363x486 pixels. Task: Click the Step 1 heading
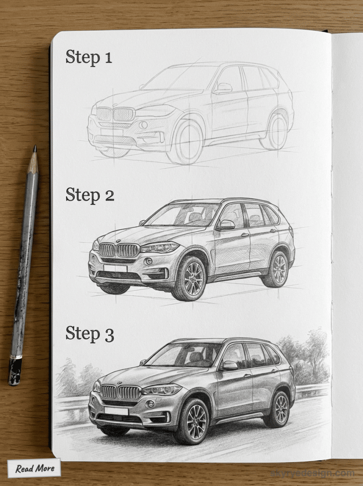[x=89, y=57]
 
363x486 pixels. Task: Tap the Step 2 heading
[x=90, y=194]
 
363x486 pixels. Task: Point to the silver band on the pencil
[x=16, y=357]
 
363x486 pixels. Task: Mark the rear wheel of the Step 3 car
[x=279, y=409]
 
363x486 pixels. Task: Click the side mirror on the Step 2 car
[x=226, y=224]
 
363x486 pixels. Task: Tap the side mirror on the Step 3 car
[x=229, y=365]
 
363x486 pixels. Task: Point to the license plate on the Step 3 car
[x=116, y=411]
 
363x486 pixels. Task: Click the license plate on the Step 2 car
[x=115, y=268]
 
